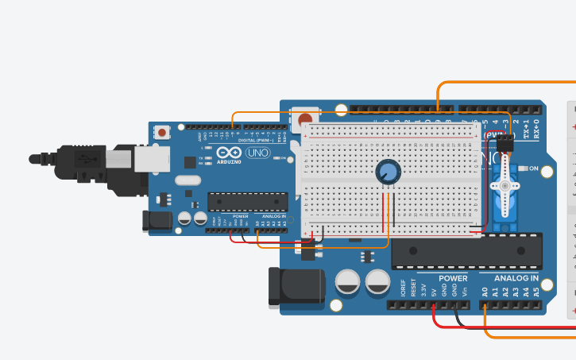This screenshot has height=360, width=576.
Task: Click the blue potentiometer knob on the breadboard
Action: (388, 171)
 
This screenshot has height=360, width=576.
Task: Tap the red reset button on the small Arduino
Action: (162, 132)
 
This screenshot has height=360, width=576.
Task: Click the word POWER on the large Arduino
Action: (453, 278)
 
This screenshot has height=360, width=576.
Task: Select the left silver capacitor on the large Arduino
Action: (350, 281)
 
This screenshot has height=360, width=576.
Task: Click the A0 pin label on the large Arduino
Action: (485, 292)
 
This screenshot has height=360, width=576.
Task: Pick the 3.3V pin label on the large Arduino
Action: (423, 290)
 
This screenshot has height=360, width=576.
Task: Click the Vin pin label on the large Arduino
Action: (465, 291)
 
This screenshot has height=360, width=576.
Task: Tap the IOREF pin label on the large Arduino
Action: (403, 288)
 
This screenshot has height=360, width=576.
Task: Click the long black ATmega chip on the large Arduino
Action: (466, 250)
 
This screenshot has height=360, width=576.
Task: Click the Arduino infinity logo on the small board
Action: (226, 153)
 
